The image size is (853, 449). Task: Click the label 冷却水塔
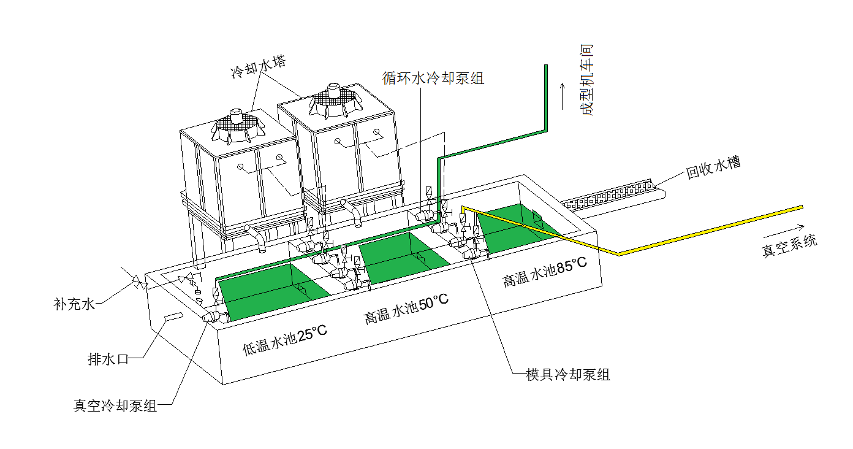(x=257, y=67)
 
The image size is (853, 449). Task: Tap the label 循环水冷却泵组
(x=433, y=79)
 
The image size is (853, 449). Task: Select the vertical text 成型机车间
(x=587, y=80)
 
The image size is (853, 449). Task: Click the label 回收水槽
(x=713, y=168)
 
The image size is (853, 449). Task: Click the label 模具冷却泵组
(x=568, y=374)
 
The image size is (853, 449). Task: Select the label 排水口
(x=108, y=359)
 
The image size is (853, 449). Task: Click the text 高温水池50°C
(x=406, y=309)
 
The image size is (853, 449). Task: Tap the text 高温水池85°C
(x=545, y=272)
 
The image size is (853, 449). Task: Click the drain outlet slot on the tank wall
(x=172, y=317)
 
